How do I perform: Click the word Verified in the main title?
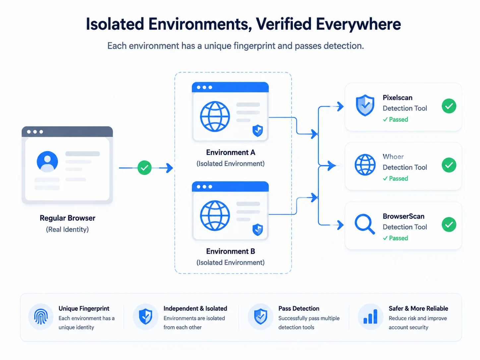click(x=284, y=24)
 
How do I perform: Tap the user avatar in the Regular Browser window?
click(x=47, y=162)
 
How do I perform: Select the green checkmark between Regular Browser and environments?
click(x=145, y=168)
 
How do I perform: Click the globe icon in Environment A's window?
click(x=215, y=116)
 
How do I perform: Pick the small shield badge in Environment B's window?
click(x=258, y=229)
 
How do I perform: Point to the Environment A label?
click(x=231, y=152)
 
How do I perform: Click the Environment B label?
click(x=231, y=251)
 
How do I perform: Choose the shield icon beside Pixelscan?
click(x=365, y=105)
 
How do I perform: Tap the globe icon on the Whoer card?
click(x=365, y=165)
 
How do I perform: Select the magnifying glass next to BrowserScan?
click(x=365, y=224)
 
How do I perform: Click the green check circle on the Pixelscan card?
click(x=449, y=106)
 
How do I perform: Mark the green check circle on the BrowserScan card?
click(x=449, y=224)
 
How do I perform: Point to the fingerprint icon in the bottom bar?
click(x=41, y=317)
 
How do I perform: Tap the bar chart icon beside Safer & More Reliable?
click(x=370, y=316)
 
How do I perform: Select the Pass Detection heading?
click(x=299, y=308)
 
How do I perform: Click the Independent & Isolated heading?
click(x=195, y=308)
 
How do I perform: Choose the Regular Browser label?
click(x=68, y=218)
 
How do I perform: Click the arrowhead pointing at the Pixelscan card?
click(x=340, y=107)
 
